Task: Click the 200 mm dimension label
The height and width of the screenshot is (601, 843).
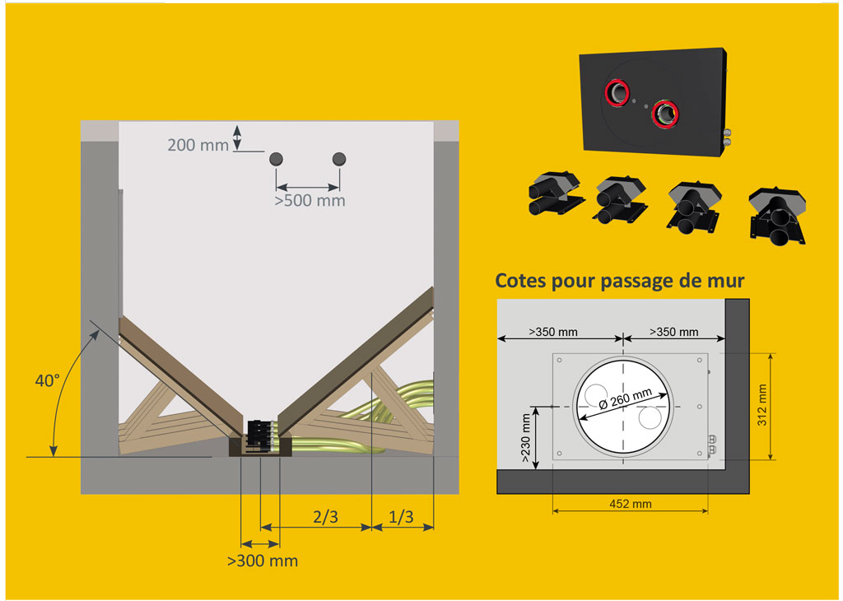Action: point(198,145)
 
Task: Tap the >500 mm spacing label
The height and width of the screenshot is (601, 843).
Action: point(310,201)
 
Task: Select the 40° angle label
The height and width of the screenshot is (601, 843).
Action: point(47,380)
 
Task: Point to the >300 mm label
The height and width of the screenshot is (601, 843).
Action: point(263,561)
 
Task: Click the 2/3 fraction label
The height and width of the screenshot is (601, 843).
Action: point(326,516)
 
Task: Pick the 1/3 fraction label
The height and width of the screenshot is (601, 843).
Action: point(401,516)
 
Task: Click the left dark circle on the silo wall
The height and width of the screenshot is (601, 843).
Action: point(276,159)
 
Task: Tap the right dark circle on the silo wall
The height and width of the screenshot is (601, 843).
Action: point(339,159)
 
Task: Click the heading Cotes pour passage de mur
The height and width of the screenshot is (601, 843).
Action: point(619,281)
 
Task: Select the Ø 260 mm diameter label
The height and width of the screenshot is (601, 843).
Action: point(626,398)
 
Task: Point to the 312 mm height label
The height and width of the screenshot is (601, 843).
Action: point(761,405)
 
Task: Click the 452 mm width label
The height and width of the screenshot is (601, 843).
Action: point(631,504)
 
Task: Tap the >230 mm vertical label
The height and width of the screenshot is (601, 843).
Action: point(526,438)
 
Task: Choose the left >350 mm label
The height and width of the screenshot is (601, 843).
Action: point(553,333)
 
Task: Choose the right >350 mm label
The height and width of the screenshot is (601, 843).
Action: point(674,333)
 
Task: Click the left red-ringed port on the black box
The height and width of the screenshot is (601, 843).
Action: point(617,92)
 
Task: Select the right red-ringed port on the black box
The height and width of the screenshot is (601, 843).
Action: point(665,114)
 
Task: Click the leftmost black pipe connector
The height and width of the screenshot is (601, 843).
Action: point(556,194)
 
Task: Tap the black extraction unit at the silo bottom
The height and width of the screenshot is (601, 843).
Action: point(260,435)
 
